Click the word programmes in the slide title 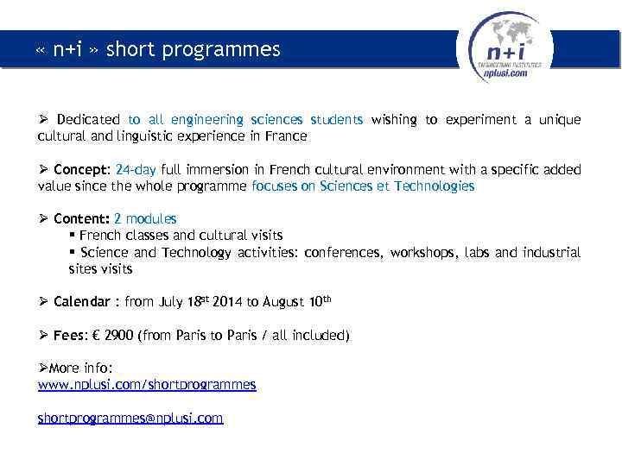tap(232, 50)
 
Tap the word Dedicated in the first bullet tap(88, 120)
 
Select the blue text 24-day tap(136, 170)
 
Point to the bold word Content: tap(81, 219)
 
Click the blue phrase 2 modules tap(145, 219)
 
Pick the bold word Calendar tap(81, 302)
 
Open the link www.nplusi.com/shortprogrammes tap(147, 385)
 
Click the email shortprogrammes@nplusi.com tap(130, 418)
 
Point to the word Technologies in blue tap(434, 186)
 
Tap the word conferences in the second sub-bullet tap(345, 253)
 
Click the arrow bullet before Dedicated tap(43, 120)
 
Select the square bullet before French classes tap(72, 236)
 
